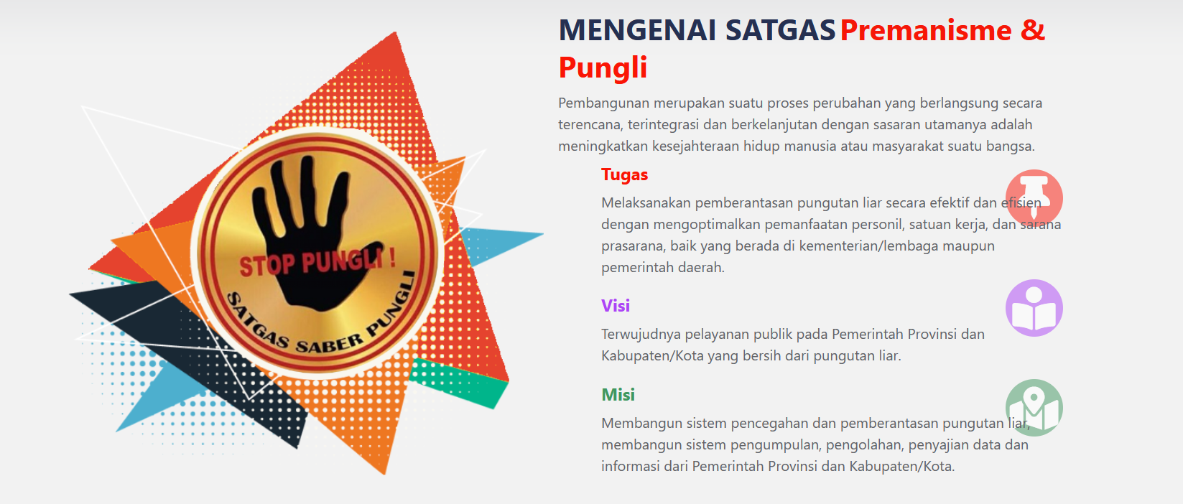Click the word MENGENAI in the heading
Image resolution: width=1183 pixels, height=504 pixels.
[x=637, y=30]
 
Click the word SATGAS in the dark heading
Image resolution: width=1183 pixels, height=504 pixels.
[x=781, y=30]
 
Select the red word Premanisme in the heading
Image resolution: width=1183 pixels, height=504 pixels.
[x=926, y=30]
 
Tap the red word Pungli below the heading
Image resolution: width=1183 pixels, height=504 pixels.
[x=603, y=68]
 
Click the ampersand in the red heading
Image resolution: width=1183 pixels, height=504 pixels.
[x=1033, y=30]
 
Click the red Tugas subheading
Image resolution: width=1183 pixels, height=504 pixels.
[x=624, y=174]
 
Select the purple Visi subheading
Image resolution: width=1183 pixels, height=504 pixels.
[x=616, y=306]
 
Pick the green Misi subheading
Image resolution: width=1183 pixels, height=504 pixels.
[x=618, y=395]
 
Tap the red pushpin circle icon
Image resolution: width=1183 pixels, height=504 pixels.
[x=1034, y=198]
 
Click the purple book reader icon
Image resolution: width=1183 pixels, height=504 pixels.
[x=1034, y=308]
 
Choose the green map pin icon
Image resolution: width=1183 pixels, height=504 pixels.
[x=1034, y=408]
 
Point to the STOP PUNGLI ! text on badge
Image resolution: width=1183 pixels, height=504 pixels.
[x=317, y=261]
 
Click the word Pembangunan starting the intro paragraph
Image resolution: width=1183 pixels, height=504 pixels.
[x=604, y=103]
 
